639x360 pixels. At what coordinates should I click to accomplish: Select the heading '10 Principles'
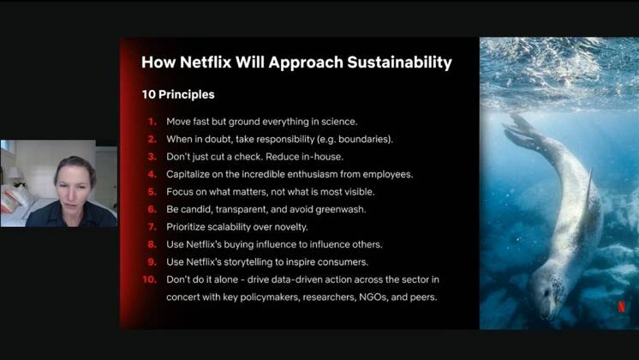click(178, 93)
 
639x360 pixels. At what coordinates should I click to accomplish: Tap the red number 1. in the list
click(151, 121)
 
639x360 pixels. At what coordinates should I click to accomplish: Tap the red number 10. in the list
click(149, 279)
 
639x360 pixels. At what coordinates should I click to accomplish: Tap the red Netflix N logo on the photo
click(621, 306)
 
